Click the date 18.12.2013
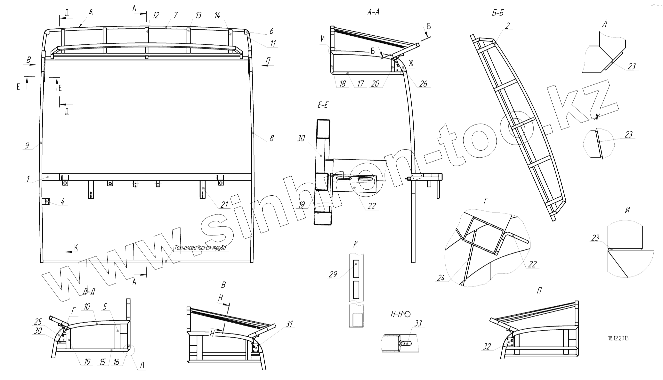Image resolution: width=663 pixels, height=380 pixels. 618,338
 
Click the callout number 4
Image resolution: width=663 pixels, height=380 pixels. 62,202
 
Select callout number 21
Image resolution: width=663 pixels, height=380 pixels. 224,205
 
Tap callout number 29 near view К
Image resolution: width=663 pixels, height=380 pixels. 333,274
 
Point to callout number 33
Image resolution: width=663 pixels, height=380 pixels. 418,323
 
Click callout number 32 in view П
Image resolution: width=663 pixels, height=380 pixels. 487,347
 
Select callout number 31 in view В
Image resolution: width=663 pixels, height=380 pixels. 289,324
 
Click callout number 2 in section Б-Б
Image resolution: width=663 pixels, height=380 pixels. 507,26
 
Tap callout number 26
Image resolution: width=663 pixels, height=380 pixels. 423,83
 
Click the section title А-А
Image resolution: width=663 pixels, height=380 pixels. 373,12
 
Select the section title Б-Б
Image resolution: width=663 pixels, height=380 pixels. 497,13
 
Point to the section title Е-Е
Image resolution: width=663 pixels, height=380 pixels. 322,106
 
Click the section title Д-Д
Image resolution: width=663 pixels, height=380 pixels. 89,292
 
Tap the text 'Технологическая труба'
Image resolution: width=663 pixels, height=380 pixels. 200,248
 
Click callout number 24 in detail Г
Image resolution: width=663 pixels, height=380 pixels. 441,278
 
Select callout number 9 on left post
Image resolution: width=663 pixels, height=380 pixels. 27,146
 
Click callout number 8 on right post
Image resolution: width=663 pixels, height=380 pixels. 271,138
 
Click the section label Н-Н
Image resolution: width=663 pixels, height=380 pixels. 397,315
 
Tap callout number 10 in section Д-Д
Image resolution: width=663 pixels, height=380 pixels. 87,307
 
